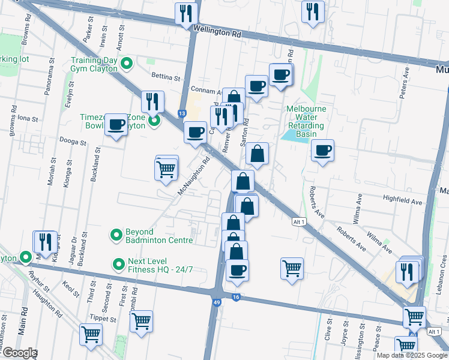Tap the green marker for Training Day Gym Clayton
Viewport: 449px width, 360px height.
[127, 63]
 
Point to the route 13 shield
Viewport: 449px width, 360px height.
[181, 113]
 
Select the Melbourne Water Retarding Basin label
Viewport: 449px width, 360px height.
[306, 118]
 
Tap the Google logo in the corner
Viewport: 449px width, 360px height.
[19, 353]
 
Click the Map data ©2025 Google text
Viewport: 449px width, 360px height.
[412, 355]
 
